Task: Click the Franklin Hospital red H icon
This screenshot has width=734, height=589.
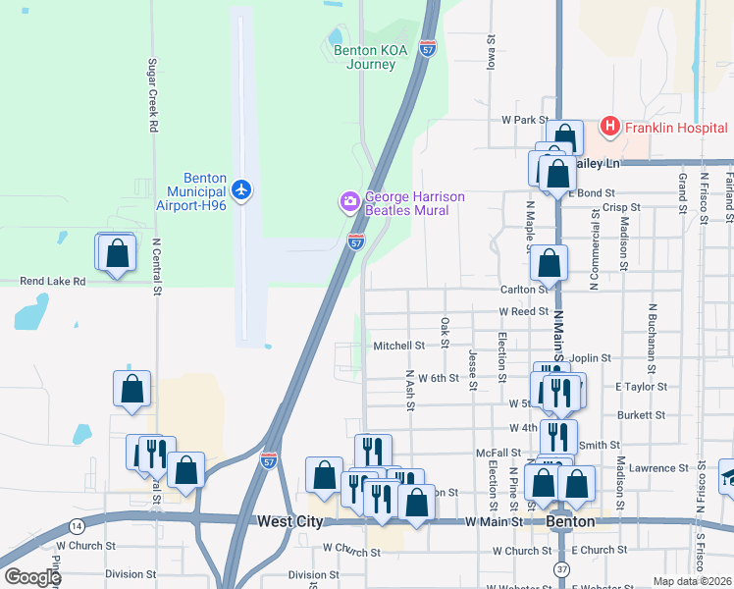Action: (x=609, y=126)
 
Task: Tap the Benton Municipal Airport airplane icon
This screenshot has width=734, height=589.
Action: (x=242, y=188)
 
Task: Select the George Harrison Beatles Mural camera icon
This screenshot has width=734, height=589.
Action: (x=349, y=202)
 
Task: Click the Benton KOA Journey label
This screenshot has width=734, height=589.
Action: (x=364, y=58)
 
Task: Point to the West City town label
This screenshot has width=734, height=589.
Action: (x=289, y=521)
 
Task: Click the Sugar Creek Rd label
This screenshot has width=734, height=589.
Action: (x=153, y=95)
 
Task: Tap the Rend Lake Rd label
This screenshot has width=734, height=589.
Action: (x=52, y=281)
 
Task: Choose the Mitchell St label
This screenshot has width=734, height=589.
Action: (x=398, y=346)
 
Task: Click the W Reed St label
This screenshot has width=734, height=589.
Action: (x=523, y=311)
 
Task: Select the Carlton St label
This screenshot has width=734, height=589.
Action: (x=522, y=290)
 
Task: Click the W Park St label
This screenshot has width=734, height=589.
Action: (x=524, y=120)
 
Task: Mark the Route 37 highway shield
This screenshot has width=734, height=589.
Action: (x=560, y=568)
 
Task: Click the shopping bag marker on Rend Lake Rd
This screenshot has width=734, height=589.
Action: (x=116, y=253)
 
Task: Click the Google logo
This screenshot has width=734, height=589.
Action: (x=31, y=577)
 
